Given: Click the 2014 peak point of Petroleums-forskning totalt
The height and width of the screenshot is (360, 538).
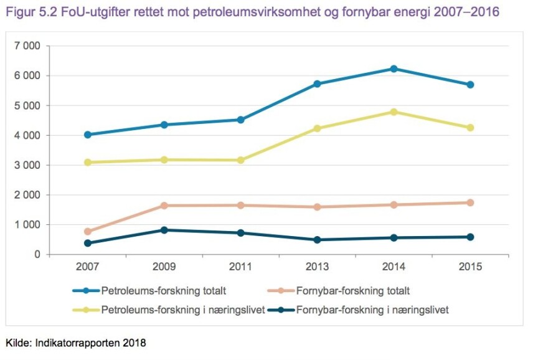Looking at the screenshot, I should point(394,69).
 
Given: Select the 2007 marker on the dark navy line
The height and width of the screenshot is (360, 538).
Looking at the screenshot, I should point(88,243).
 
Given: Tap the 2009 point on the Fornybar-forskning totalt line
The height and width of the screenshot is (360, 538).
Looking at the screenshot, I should point(164,206).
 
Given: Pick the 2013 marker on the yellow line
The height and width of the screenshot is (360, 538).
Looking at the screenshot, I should point(317,128).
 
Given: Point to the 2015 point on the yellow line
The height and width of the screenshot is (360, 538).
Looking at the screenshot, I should point(471,128).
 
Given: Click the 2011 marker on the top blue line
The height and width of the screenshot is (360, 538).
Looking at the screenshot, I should point(241,120).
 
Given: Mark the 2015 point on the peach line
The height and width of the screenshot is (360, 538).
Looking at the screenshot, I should point(471,202).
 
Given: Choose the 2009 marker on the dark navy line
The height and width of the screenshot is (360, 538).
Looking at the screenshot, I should point(164,230).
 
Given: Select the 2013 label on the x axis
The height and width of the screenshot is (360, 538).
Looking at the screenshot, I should point(317,267).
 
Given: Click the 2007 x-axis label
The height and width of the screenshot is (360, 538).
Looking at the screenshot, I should point(88,267).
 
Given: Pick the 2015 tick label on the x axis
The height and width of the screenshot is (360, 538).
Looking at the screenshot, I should point(471,267).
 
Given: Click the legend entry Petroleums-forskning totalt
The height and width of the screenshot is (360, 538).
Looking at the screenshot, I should point(163,290).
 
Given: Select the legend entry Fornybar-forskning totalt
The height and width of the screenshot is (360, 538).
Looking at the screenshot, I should point(352,290).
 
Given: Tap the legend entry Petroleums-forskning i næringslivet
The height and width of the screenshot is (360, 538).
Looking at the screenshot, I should point(182,310).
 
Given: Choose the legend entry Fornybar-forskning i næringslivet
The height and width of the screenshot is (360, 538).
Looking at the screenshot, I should point(372,310).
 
